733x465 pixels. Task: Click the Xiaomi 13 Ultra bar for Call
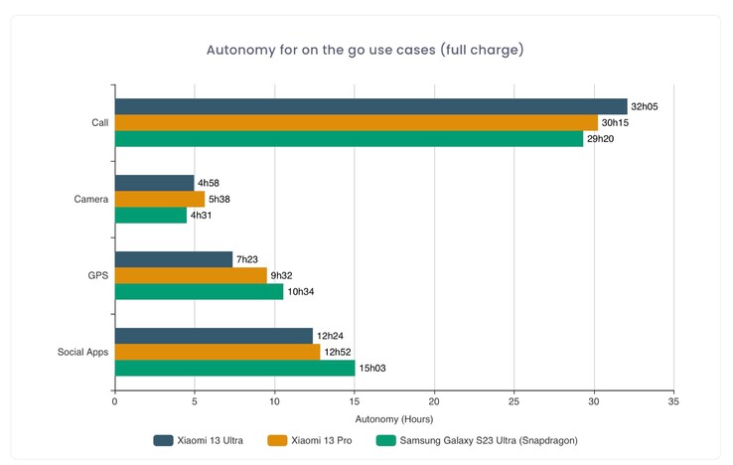[x=370, y=106]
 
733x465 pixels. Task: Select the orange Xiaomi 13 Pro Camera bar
[x=160, y=199]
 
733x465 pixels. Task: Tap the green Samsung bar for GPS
[x=199, y=291]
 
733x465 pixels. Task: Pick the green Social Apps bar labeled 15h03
[x=234, y=368]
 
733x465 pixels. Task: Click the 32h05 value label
[x=644, y=106]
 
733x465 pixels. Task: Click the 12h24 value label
[x=330, y=336]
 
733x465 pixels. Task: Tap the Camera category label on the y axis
[x=90, y=200]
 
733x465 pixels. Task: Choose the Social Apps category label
[x=82, y=352]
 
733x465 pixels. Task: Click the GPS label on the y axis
[x=97, y=275]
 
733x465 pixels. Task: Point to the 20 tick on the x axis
[x=434, y=401]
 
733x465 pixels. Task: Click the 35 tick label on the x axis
[x=673, y=401]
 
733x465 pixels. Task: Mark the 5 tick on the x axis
[x=195, y=401]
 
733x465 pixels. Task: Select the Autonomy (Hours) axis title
[x=394, y=418]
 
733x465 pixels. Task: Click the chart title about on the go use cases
[x=366, y=50]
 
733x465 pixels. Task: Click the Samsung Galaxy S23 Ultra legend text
[x=487, y=440]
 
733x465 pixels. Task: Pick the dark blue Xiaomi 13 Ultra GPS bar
[x=174, y=259]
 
